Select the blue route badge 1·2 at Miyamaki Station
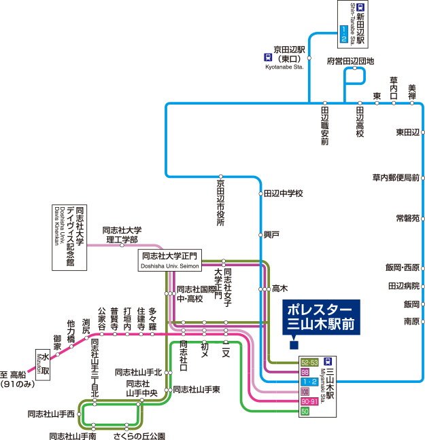309,382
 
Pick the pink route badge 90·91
309,402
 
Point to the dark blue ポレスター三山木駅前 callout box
320,315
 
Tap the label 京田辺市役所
220,203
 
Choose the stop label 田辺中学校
283,194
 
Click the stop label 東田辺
407,132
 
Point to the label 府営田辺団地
350,60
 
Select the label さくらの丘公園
139,435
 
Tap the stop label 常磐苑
407,219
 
